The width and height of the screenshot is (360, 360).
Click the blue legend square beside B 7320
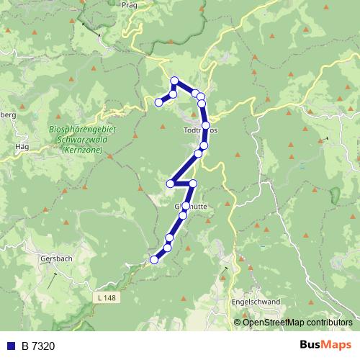[x=11, y=346]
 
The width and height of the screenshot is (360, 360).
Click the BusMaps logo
[x=325, y=345]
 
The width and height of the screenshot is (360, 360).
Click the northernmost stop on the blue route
[x=174, y=81]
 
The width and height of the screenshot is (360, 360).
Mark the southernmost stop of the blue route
[x=153, y=259]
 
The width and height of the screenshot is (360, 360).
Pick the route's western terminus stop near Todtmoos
[x=159, y=102]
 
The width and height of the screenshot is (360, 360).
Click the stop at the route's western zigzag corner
[x=171, y=184]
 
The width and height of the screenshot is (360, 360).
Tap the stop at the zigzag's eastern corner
[x=193, y=183]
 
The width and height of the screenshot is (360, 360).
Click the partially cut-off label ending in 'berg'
[x=7, y=115]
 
